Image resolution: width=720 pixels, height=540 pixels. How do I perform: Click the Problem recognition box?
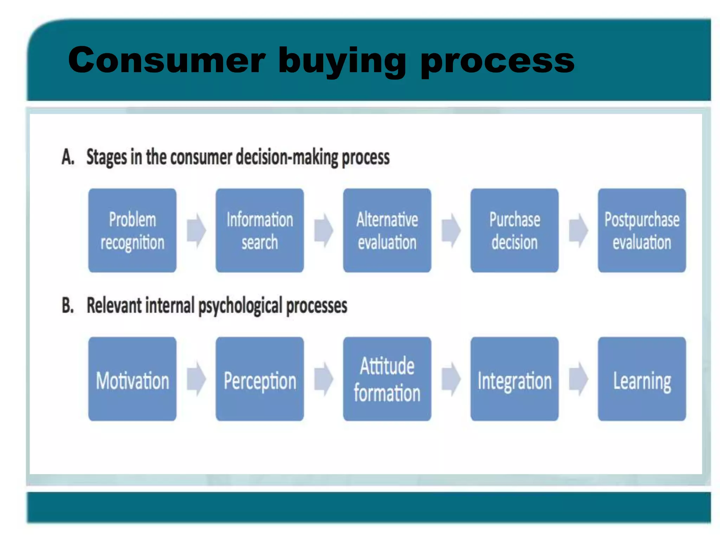tap(132, 230)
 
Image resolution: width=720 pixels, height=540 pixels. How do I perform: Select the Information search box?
tap(259, 230)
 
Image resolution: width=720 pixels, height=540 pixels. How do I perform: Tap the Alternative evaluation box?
tap(387, 230)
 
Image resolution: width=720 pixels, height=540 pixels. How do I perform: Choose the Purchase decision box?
tap(514, 230)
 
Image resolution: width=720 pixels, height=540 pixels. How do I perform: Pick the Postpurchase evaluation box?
tap(642, 230)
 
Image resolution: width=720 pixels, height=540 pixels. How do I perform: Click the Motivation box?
tap(132, 379)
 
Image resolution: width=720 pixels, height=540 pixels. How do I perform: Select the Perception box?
tap(259, 379)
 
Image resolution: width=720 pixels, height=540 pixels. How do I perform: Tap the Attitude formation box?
tap(387, 379)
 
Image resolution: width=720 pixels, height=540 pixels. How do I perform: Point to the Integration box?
tap(514, 379)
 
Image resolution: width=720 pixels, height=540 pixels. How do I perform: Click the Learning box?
tap(642, 379)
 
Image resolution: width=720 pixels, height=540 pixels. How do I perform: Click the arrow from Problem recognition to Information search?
tap(196, 230)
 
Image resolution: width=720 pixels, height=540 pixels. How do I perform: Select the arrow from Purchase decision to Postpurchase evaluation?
tap(578, 230)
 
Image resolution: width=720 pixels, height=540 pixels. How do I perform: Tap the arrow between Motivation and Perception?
tap(196, 379)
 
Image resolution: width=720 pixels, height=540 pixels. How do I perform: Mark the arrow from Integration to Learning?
tap(578, 379)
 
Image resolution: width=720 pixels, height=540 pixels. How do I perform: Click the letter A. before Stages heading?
tap(68, 157)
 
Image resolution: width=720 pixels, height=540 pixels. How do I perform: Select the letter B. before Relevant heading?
tap(68, 305)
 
